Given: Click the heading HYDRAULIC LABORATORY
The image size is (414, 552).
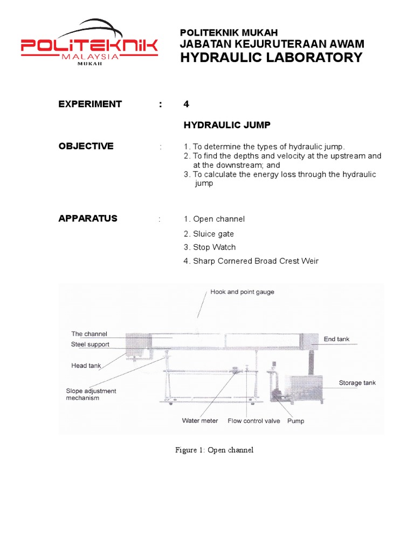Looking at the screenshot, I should (271, 58).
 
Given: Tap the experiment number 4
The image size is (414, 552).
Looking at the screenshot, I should (187, 104).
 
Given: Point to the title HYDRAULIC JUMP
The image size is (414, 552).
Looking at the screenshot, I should (227, 125).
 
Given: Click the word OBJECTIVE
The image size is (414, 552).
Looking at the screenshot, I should (86, 146).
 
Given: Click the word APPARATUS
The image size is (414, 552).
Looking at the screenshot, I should (88, 218).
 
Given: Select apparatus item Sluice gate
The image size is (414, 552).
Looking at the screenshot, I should (209, 234).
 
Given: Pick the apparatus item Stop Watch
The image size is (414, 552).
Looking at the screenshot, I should (210, 247).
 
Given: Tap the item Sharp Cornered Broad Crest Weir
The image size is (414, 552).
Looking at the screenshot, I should (251, 261).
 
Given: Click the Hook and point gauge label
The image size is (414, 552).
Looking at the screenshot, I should (242, 292).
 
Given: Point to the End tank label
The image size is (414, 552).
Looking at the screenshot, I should (336, 339).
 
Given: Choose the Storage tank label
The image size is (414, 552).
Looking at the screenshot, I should (357, 383).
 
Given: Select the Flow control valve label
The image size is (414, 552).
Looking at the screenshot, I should (254, 420).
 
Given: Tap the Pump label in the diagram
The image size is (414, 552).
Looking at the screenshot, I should (295, 420).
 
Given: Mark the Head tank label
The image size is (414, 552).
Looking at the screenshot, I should (86, 365).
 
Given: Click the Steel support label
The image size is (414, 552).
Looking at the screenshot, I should (90, 344).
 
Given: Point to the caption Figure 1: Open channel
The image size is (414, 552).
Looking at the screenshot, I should (214, 450).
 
